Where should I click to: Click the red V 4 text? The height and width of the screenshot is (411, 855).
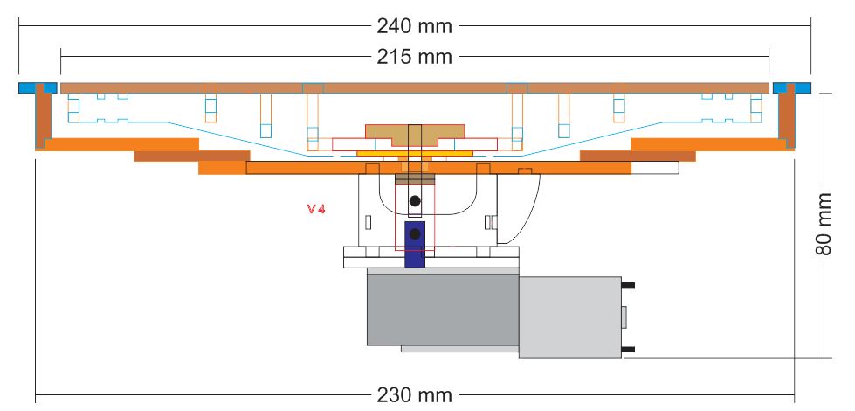click(315, 209)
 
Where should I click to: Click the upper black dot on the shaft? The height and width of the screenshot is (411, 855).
click(415, 201)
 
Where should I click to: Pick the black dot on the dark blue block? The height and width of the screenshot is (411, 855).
click(415, 233)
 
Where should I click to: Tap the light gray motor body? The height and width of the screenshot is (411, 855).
click(569, 317)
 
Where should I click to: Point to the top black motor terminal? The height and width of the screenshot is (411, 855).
click(628, 285)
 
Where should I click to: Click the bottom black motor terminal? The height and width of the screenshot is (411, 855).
click(628, 351)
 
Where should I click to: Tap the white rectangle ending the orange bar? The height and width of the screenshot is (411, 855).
click(655, 168)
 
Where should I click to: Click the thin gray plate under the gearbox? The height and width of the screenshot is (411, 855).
click(459, 349)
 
